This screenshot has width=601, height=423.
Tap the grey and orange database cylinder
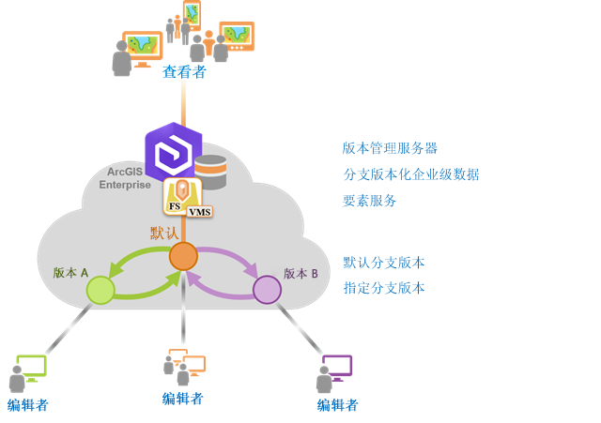point(210,172)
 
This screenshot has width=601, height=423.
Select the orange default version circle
point(183,256)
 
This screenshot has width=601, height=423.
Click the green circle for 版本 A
point(100,290)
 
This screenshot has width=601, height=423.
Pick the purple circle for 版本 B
point(267,289)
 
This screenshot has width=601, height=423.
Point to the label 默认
point(164,233)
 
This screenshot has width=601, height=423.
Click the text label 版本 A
point(70,273)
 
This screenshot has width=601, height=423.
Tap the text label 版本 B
point(300,274)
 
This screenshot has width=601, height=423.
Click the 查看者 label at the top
point(184,71)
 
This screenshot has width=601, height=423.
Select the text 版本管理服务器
point(390,148)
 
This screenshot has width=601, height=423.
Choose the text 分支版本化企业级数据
point(411,174)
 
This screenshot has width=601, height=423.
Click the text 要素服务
point(369,201)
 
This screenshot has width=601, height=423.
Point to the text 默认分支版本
point(383,263)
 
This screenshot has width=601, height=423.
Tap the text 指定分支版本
point(383,288)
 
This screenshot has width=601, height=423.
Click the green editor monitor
point(31,366)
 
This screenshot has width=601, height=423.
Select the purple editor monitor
point(337,366)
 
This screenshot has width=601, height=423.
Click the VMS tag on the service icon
point(200,212)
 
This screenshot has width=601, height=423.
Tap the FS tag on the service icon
point(174,205)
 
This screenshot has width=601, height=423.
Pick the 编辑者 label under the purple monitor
point(337,405)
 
